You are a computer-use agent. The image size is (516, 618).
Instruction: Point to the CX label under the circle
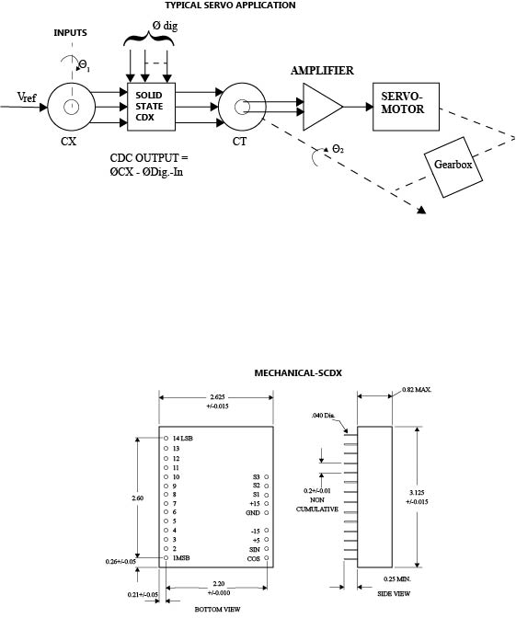[x=69, y=141]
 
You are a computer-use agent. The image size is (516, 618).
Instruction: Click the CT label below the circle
[x=239, y=141]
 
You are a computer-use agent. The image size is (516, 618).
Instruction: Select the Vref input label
[x=27, y=97]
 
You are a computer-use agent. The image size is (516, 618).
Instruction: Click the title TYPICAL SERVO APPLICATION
[x=230, y=6]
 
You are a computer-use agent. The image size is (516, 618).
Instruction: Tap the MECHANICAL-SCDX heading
[x=298, y=372]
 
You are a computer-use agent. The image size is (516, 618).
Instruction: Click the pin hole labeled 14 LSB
[x=166, y=439]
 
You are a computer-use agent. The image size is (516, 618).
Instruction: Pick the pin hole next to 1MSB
[x=166, y=557]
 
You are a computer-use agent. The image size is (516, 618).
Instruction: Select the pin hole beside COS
[x=267, y=558]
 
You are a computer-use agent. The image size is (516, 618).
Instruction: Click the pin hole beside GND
[x=267, y=513]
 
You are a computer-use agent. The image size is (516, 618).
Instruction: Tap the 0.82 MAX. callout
[x=417, y=389]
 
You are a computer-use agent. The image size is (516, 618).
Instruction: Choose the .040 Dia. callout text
[x=323, y=416]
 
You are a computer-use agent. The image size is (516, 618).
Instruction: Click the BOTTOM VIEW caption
[x=218, y=609]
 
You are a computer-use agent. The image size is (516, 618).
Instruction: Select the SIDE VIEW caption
[x=394, y=593]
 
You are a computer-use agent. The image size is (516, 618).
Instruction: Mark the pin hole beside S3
[x=267, y=477]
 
